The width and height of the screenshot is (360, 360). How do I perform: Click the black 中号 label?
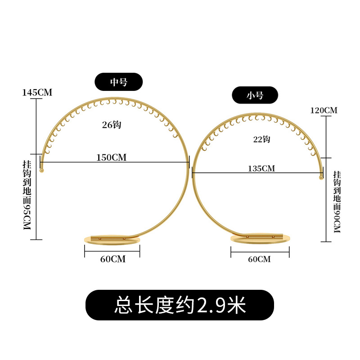[118, 82]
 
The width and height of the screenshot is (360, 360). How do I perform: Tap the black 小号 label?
[255, 95]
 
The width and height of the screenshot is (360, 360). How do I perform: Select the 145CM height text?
[37, 93]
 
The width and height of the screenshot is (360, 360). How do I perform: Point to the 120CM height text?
[324, 110]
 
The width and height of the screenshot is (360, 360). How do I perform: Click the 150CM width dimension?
[111, 157]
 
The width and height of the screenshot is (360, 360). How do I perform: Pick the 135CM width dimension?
[261, 169]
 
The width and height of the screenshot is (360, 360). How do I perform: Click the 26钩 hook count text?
[112, 125]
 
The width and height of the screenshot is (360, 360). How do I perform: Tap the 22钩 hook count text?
[261, 139]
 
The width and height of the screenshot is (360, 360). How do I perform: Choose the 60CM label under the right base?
[259, 259]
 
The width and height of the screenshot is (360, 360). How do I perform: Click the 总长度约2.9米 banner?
[180, 305]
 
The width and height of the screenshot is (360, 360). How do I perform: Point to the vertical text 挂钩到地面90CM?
[337, 202]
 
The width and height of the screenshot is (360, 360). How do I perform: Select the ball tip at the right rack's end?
[321, 178]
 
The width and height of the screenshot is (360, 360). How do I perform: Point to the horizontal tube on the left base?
[108, 237]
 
